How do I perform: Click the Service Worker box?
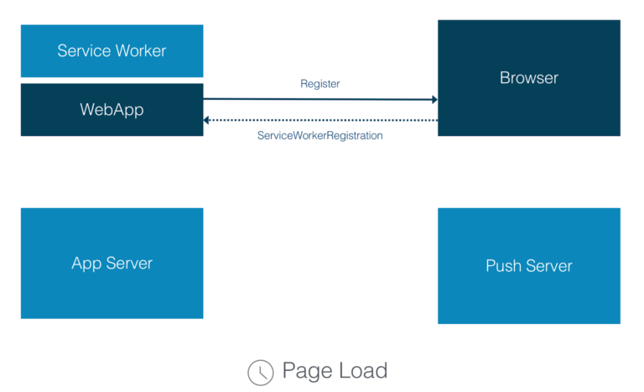tap(112, 51)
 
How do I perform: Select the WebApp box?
tap(112, 109)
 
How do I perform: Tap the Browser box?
tap(528, 78)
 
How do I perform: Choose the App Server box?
tap(112, 264)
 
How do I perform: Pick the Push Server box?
tap(528, 266)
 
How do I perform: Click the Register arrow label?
tap(319, 84)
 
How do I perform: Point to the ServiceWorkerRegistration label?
tap(319, 135)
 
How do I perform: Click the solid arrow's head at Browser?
tap(434, 100)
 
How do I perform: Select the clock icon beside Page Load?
tap(260, 372)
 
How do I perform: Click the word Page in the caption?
tap(305, 371)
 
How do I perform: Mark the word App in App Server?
tap(86, 264)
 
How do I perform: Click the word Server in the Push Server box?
tap(550, 266)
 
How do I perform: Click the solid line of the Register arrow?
tap(319, 99)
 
